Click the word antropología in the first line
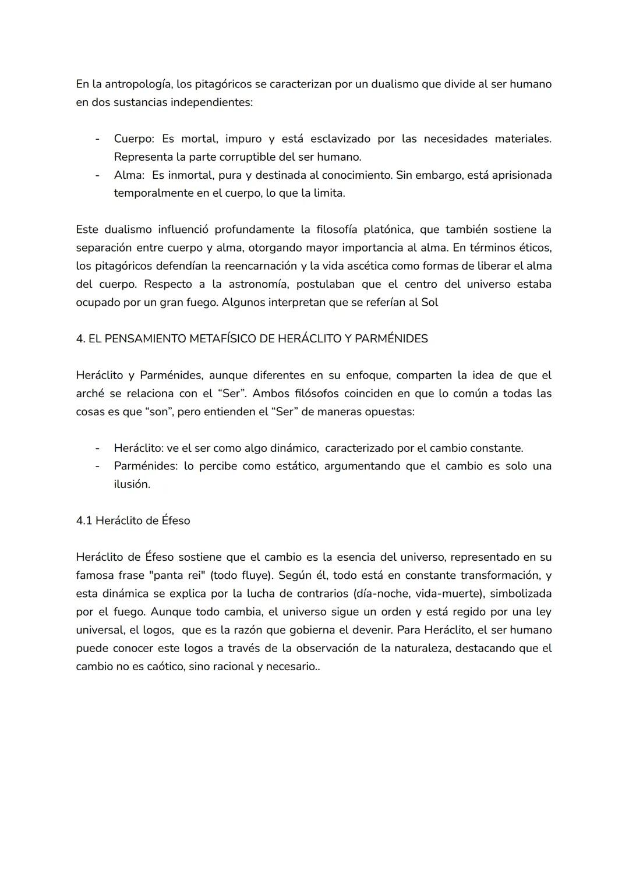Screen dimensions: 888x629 click(x=138, y=84)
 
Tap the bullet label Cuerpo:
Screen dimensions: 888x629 click(x=134, y=139)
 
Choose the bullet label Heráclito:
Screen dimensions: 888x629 click(x=139, y=448)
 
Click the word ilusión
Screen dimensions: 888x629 click(x=132, y=484)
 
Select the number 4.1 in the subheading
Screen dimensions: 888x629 click(x=84, y=521)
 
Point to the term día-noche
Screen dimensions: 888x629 click(x=378, y=593)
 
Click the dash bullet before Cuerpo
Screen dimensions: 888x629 click(x=98, y=139)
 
